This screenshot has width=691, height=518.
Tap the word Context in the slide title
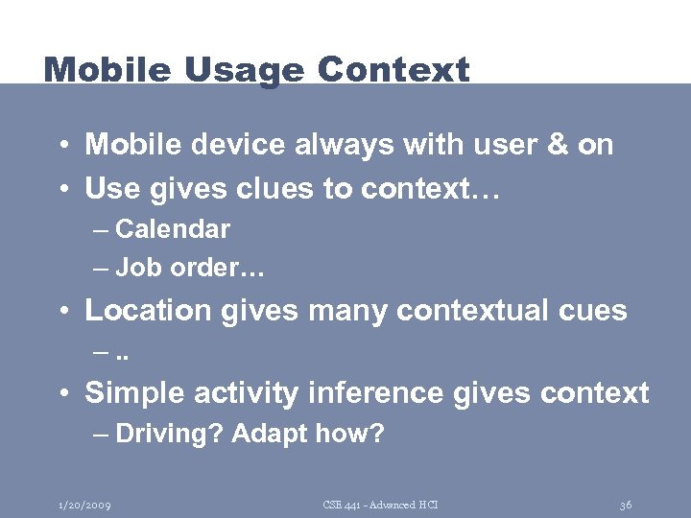393,70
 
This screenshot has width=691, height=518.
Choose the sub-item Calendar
173,229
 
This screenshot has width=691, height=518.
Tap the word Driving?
169,435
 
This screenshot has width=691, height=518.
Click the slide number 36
625,505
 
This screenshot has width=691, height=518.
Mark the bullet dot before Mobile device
60,146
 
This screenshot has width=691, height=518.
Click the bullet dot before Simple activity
60,394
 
